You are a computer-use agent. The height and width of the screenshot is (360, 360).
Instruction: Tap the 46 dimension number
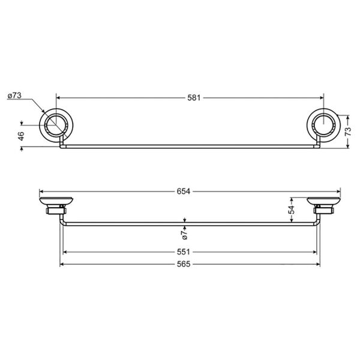[21, 136]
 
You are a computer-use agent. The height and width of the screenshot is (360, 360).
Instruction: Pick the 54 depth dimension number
[292, 211]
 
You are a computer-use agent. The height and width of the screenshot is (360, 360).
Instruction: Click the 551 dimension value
[189, 253]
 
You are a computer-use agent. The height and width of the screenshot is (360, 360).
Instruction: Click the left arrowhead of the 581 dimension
[59, 96]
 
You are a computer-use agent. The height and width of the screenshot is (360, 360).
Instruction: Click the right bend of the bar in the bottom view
[316, 223]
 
